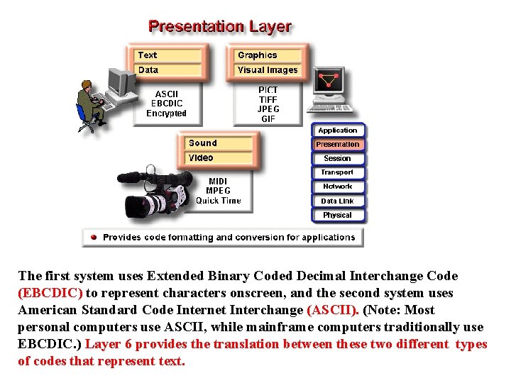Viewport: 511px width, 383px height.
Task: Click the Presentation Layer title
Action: [x=219, y=27]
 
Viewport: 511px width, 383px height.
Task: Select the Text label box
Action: [x=168, y=55]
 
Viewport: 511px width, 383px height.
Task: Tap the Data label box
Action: [x=168, y=70]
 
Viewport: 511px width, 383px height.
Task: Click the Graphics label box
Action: [x=268, y=55]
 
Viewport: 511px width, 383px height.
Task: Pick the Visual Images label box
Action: [x=268, y=70]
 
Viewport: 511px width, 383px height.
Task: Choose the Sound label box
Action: [x=219, y=143]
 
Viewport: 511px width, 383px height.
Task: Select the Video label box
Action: [x=219, y=158]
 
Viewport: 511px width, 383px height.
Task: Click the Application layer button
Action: [x=337, y=131]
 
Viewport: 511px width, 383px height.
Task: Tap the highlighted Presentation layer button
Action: [x=337, y=144]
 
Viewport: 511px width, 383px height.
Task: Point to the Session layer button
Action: [x=337, y=158]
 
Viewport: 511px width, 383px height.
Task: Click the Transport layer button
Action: [x=337, y=172]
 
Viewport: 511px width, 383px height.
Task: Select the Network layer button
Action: [x=337, y=187]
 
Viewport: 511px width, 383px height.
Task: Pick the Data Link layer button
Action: [x=337, y=201]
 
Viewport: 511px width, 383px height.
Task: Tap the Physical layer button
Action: [x=337, y=215]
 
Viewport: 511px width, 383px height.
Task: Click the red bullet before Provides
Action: [x=94, y=238]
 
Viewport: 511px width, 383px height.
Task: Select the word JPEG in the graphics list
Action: [x=268, y=109]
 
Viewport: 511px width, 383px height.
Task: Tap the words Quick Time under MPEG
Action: [x=218, y=201]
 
